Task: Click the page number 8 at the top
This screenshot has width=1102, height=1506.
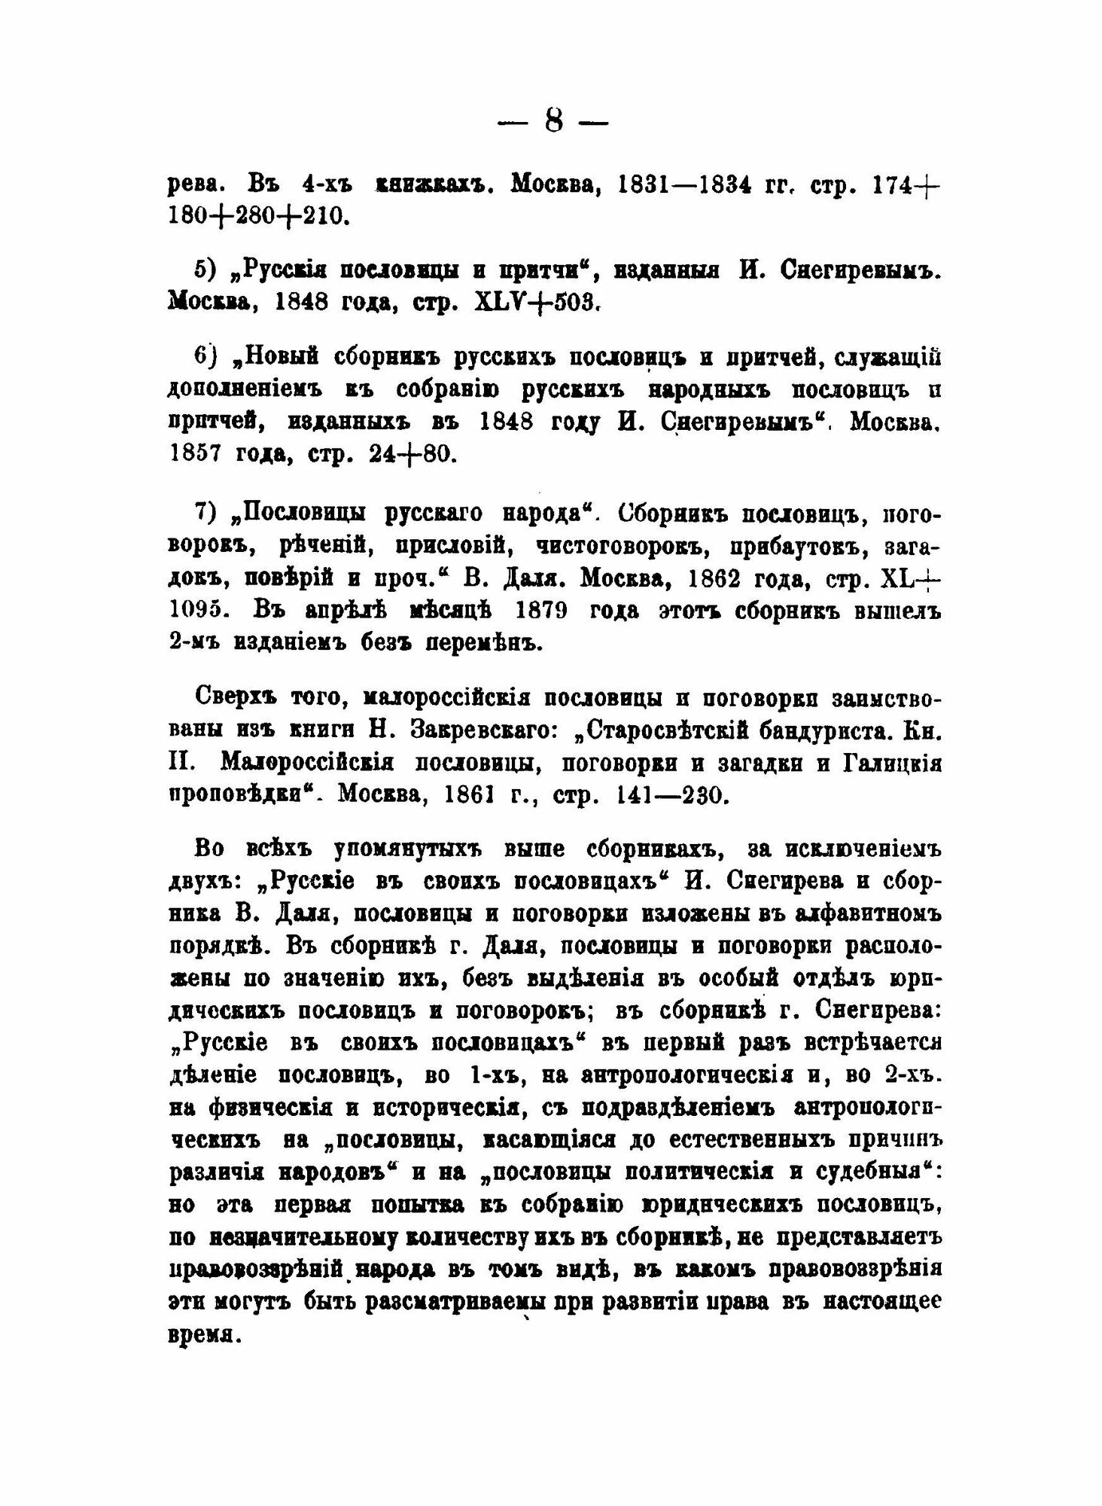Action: tap(553, 121)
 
